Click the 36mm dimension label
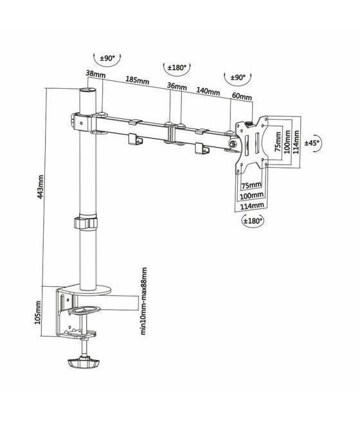click(177, 87)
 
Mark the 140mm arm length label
click(208, 91)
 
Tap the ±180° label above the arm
click(177, 67)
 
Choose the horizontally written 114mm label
click(253, 205)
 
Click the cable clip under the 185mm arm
click(135, 139)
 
